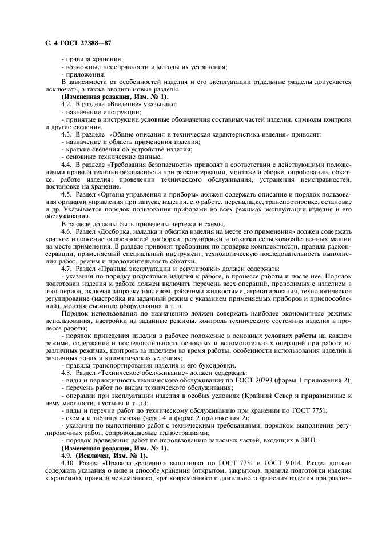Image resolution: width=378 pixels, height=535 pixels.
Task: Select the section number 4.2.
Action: (x=66, y=104)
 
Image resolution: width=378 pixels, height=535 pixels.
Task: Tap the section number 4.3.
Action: (x=66, y=134)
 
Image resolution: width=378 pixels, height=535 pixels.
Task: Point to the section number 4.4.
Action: (x=66, y=164)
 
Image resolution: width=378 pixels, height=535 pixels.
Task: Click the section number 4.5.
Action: (x=66, y=194)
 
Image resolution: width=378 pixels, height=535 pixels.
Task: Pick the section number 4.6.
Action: (x=66, y=231)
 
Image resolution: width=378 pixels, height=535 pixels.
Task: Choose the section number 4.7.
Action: (x=66, y=269)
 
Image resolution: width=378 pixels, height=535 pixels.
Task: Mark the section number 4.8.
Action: (x=66, y=373)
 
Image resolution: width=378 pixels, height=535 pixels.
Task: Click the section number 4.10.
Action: (x=68, y=462)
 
